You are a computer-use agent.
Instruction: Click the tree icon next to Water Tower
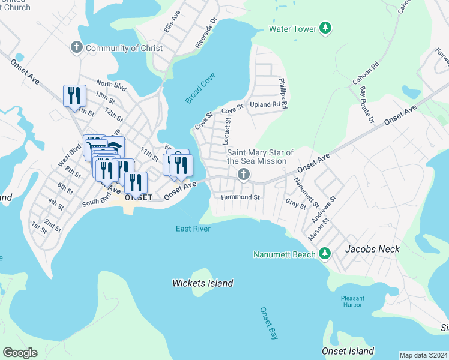(325, 29)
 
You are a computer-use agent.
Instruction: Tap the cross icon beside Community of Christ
(76, 47)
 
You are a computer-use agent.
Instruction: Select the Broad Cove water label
(200, 88)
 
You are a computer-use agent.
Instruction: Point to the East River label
(193, 229)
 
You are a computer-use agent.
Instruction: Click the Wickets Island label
(202, 283)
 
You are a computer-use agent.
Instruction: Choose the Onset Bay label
(268, 324)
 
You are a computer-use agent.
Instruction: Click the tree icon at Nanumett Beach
(325, 254)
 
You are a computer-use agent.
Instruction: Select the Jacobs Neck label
(372, 248)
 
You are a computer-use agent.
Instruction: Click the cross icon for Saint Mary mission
(243, 175)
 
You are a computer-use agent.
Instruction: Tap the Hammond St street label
(240, 197)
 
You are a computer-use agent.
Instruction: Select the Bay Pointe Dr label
(366, 105)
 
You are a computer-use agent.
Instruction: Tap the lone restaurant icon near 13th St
(74, 96)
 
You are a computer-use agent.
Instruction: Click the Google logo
(20, 352)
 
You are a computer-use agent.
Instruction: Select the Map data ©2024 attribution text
(423, 355)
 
